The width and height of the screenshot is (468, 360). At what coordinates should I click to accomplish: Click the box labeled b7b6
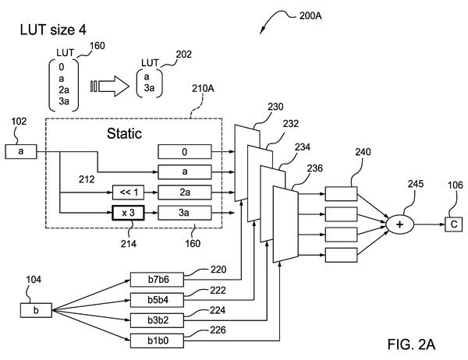pyautogui.click(x=157, y=280)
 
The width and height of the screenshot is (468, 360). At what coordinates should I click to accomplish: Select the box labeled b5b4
pyautogui.click(x=157, y=300)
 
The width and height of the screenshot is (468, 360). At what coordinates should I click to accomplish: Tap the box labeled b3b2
pyautogui.click(x=157, y=320)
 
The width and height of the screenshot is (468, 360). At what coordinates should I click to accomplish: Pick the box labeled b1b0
pyautogui.click(x=157, y=341)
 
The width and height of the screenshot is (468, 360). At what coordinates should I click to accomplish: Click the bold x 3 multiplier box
pyautogui.click(x=128, y=213)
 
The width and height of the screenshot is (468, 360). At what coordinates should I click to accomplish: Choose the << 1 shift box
pyautogui.click(x=128, y=192)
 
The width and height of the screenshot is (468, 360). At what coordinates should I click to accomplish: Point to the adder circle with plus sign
pyautogui.click(x=399, y=224)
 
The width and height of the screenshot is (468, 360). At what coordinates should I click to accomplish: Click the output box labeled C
pyautogui.click(x=454, y=224)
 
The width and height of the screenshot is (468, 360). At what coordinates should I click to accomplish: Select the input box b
pyautogui.click(x=36, y=310)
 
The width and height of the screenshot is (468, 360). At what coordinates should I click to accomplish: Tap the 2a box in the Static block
pyautogui.click(x=185, y=192)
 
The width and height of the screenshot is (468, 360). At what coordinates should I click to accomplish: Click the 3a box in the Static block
pyautogui.click(x=185, y=213)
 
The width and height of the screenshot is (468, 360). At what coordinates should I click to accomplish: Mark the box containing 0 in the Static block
pyautogui.click(x=185, y=151)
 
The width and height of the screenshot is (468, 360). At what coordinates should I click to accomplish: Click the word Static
pyautogui.click(x=124, y=133)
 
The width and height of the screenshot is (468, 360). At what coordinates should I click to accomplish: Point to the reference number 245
pyautogui.click(x=416, y=183)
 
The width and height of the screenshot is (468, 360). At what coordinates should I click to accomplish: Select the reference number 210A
pyautogui.click(x=203, y=88)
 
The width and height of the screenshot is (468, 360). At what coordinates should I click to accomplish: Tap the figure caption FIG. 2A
pyautogui.click(x=411, y=344)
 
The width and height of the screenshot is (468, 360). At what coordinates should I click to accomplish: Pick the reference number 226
pyautogui.click(x=218, y=330)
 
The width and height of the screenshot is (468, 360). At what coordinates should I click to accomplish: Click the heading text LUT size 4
pyautogui.click(x=53, y=30)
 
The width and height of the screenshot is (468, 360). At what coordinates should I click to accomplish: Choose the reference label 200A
pyautogui.click(x=310, y=16)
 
